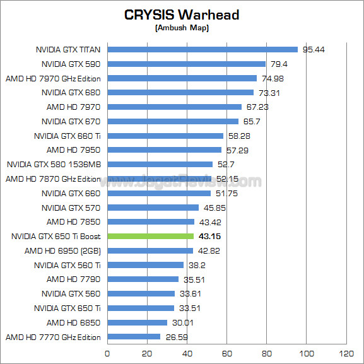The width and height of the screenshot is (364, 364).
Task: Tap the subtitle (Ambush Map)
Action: [182, 28]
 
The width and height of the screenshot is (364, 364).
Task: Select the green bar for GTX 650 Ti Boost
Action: [150, 236]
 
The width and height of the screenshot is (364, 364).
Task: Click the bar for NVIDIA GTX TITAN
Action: [202, 49]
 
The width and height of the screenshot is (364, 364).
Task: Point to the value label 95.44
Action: [314, 49]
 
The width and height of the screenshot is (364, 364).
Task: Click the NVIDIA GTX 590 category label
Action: [71, 64]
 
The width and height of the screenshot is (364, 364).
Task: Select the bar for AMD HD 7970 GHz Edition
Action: [182, 78]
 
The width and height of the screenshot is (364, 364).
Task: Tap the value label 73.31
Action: [269, 93]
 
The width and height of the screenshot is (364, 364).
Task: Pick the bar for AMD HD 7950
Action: [164, 150]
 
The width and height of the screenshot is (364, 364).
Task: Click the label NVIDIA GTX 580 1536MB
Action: [54, 164]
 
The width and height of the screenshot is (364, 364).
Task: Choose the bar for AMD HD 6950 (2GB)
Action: [150, 250]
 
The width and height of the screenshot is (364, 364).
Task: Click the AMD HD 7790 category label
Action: [74, 279]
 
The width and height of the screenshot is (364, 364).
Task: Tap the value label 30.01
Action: [182, 322]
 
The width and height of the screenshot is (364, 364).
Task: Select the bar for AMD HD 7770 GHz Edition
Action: [134, 337]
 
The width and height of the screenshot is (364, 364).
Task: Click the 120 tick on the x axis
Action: [346, 353]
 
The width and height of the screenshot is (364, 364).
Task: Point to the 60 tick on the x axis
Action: [226, 353]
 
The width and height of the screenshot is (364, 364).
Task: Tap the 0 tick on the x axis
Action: [107, 353]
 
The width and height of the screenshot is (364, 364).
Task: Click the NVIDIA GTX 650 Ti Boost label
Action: [56, 237]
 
